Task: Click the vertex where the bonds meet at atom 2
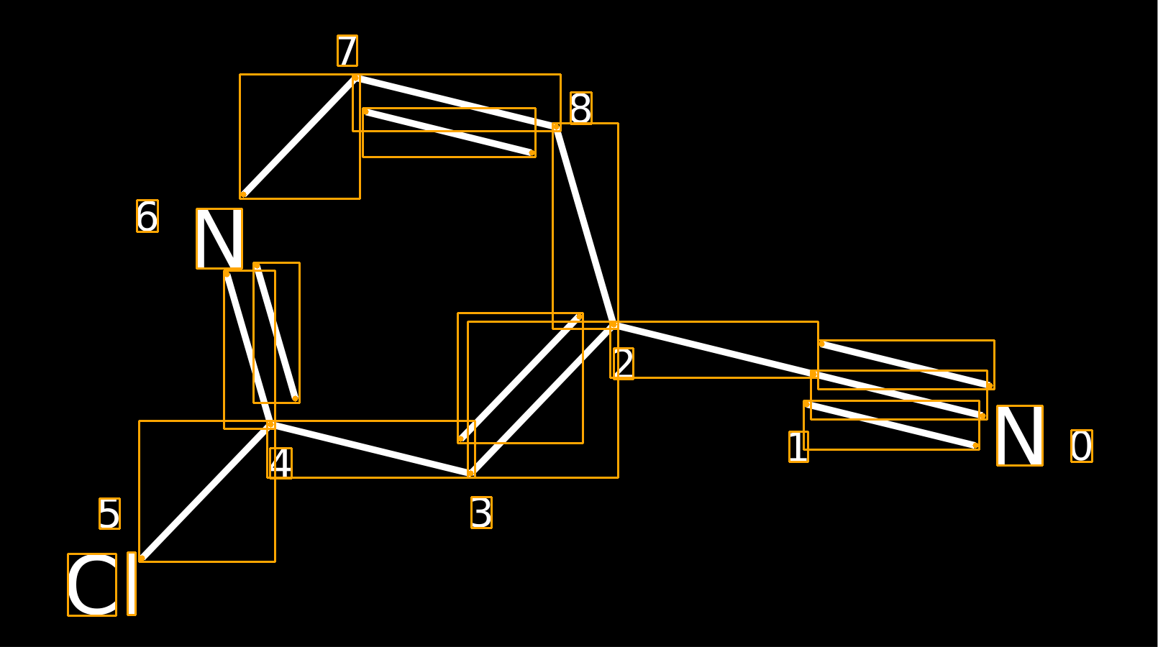point(614,325)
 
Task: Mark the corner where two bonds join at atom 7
point(356,78)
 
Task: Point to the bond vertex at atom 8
point(556,127)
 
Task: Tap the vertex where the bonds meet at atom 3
point(470,473)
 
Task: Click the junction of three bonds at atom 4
point(270,425)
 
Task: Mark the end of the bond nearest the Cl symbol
point(142,559)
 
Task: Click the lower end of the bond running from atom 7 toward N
point(243,195)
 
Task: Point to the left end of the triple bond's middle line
point(814,374)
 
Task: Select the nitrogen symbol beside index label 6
point(219,239)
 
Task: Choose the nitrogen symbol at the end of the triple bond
point(1020,436)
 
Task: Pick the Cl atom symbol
point(102,584)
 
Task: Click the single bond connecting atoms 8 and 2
point(585,226)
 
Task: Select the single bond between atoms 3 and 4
point(370,449)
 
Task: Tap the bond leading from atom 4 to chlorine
point(206,492)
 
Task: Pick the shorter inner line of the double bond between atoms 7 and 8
point(449,132)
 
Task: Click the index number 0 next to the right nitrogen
point(1082,446)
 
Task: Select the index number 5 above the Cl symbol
point(109,514)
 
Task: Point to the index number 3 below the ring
point(481,513)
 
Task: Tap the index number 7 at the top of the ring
point(347,50)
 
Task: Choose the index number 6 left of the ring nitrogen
point(147,216)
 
